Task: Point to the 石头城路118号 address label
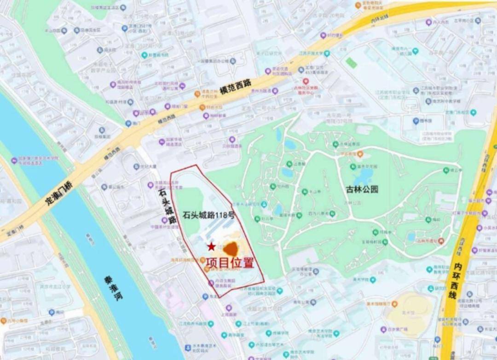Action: coord(208,214)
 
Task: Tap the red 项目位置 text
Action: coord(230,263)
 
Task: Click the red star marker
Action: coord(211,247)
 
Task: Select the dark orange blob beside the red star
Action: coord(231,249)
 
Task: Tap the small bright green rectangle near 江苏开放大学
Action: coord(351,63)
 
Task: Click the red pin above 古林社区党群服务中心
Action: coord(306,81)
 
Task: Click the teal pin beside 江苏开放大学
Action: coord(327,53)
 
